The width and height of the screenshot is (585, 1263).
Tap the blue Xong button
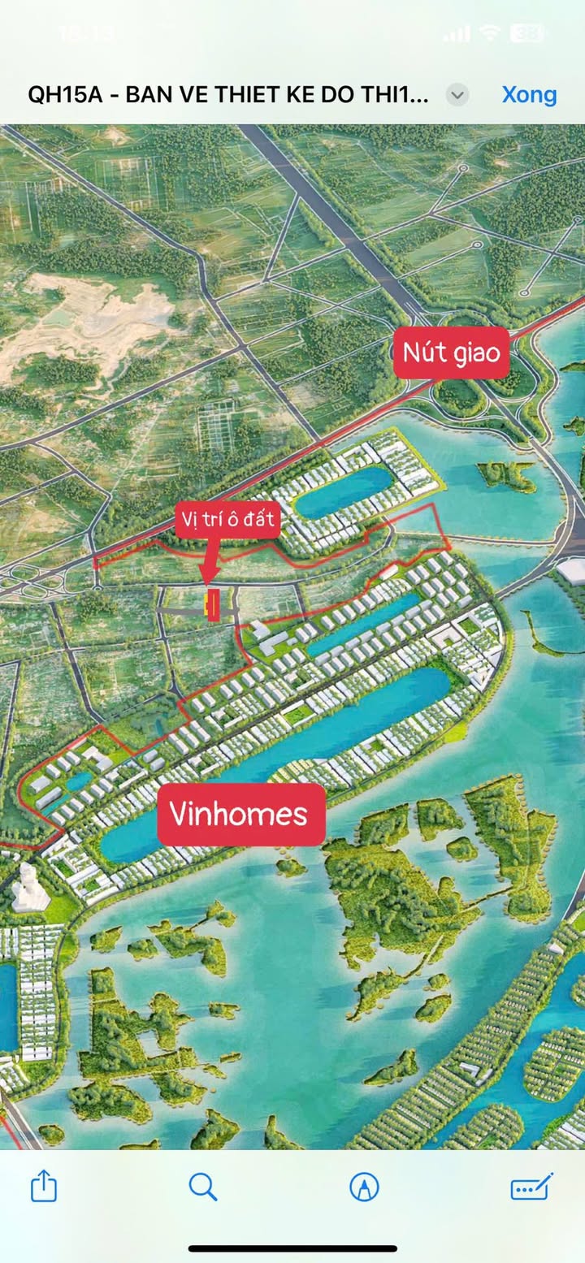point(529,94)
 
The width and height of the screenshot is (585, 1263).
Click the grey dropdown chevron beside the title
point(457,95)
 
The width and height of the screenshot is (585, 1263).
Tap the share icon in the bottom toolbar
point(44,1187)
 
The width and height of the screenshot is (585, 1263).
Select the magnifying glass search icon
point(202,1187)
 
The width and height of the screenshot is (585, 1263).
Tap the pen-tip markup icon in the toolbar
point(364,1187)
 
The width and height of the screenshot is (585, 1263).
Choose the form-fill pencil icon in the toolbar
point(531,1187)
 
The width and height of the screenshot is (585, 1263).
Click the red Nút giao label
point(452,353)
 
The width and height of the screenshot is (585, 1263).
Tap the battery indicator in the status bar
point(526,33)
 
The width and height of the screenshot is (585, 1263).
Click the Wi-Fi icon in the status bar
point(489,33)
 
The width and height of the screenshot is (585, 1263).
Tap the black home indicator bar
point(292,1248)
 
